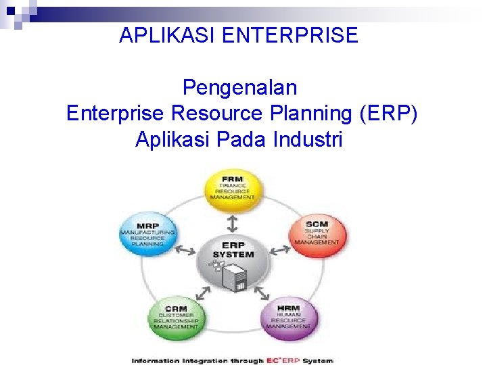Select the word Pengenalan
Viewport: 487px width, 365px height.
(239, 88)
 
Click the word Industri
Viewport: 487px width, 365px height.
(308, 139)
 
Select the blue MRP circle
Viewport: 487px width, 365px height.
(147, 234)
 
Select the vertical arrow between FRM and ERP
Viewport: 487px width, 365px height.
(233, 222)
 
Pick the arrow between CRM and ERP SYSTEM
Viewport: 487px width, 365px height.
(204, 294)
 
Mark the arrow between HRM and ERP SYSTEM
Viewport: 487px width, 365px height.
(263, 294)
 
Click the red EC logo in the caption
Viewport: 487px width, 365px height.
(275, 360)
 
